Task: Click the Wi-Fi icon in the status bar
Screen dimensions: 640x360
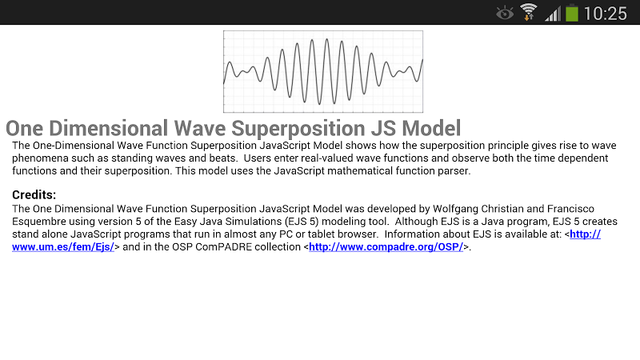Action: pyautogui.click(x=528, y=12)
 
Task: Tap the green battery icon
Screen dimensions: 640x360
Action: pyautogui.click(x=572, y=13)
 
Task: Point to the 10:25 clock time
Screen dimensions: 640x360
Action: pyautogui.click(x=606, y=14)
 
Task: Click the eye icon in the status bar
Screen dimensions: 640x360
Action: pyautogui.click(x=505, y=13)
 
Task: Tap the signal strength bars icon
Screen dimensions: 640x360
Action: pyautogui.click(x=553, y=14)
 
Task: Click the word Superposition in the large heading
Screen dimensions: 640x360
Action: pyautogui.click(x=298, y=129)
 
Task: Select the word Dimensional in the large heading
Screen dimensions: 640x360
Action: pyautogui.click(x=108, y=128)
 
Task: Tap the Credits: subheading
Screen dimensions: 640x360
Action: pyautogui.click(x=34, y=194)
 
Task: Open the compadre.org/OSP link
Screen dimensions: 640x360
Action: pyautogui.click(x=386, y=247)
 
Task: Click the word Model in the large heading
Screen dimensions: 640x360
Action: pyautogui.click(x=431, y=128)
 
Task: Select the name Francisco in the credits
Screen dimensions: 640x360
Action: pyautogui.click(x=570, y=209)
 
